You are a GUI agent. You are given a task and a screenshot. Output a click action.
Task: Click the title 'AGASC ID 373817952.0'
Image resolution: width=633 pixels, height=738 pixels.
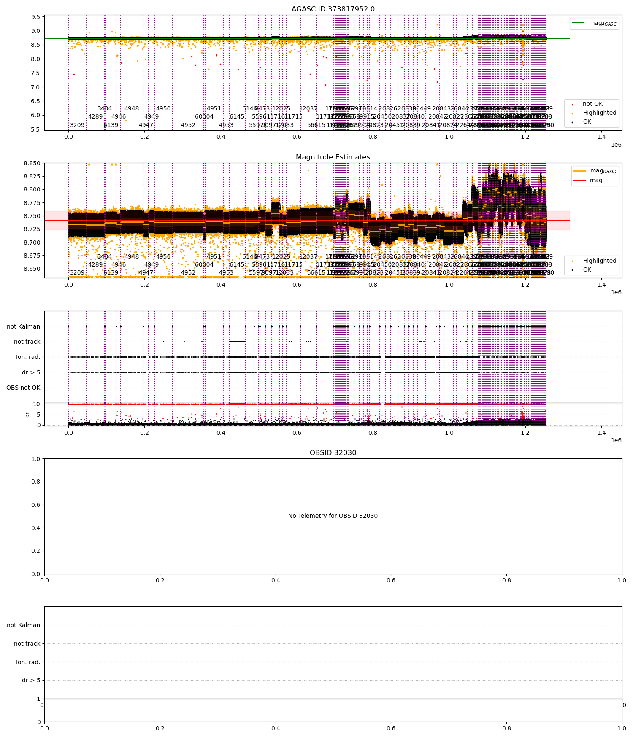click(333, 9)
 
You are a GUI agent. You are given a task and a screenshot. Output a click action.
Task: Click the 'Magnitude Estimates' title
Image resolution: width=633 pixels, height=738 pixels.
click(333, 157)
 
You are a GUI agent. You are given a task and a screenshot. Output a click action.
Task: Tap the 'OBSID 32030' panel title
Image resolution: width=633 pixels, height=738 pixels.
click(333, 453)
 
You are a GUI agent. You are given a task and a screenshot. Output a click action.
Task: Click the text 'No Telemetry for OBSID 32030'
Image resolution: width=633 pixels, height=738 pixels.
click(333, 516)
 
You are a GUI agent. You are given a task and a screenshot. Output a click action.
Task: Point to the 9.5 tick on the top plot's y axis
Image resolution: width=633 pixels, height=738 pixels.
click(36, 17)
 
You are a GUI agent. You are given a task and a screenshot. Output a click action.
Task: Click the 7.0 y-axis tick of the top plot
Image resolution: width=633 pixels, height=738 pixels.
click(36, 87)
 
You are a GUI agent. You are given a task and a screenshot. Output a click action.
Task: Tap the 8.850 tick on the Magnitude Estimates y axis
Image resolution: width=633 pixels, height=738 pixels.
click(32, 163)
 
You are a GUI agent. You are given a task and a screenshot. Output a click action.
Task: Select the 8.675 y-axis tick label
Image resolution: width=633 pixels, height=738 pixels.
click(32, 256)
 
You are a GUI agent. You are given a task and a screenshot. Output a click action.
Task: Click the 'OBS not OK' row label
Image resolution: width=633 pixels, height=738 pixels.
click(23, 388)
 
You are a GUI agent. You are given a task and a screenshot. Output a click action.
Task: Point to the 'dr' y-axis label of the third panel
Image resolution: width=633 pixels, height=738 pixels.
click(27, 415)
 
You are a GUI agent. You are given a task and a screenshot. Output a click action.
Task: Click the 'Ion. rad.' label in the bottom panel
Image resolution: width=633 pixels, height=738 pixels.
click(28, 662)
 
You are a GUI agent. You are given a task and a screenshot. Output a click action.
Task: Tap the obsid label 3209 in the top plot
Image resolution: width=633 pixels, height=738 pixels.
click(77, 125)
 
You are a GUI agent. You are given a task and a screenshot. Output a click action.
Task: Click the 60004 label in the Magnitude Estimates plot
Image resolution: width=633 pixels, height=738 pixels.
click(204, 265)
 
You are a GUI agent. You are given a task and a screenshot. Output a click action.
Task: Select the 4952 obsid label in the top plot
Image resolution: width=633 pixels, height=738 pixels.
click(188, 125)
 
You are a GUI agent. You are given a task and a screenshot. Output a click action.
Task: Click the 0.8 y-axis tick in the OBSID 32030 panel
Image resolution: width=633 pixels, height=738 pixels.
click(35, 482)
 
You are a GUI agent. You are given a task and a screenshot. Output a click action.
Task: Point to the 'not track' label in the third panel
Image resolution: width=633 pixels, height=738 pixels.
click(27, 342)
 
